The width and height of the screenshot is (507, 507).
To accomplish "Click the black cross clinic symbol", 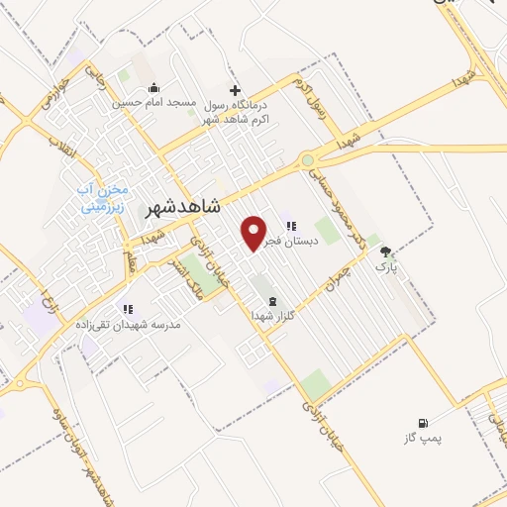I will pyautogui.click(x=234, y=88).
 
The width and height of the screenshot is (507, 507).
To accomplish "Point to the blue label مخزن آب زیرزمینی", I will pyautogui.click(x=102, y=199).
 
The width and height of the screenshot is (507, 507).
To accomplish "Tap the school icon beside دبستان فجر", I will pyautogui.click(x=290, y=224).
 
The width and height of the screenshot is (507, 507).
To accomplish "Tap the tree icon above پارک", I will pyautogui.click(x=385, y=252).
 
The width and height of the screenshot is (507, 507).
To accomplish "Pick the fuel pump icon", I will pyautogui.click(x=425, y=421).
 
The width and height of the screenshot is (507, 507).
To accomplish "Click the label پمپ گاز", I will pyautogui.click(x=422, y=437).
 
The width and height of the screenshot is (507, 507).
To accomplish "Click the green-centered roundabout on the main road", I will pyautogui.click(x=309, y=160).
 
